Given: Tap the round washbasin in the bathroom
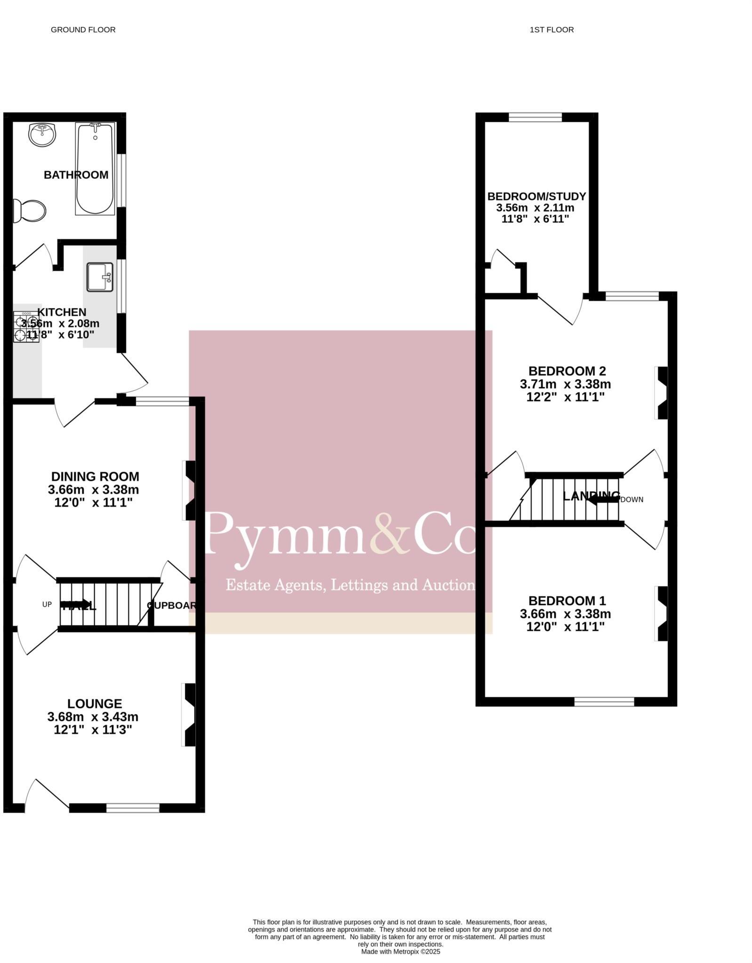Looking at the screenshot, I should [42, 135].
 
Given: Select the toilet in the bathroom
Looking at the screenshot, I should [30, 211].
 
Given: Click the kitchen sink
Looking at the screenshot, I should [100, 277].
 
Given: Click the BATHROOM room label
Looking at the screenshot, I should [76, 175].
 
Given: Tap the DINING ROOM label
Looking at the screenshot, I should [95, 476].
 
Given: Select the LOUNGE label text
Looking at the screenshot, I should [95, 703].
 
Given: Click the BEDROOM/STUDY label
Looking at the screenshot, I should [536, 196].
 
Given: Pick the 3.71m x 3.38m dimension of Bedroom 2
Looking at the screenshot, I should [565, 384].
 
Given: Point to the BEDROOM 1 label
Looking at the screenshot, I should [567, 600].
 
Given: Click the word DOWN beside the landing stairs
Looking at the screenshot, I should [632, 499].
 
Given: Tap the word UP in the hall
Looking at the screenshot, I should [47, 604].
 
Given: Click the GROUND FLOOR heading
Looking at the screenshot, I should [83, 30].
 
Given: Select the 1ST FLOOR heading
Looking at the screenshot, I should [552, 30].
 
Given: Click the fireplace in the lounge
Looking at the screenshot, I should [189, 715].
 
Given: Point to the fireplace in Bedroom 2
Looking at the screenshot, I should [662, 393].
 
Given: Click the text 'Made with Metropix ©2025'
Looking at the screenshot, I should [400, 951].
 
